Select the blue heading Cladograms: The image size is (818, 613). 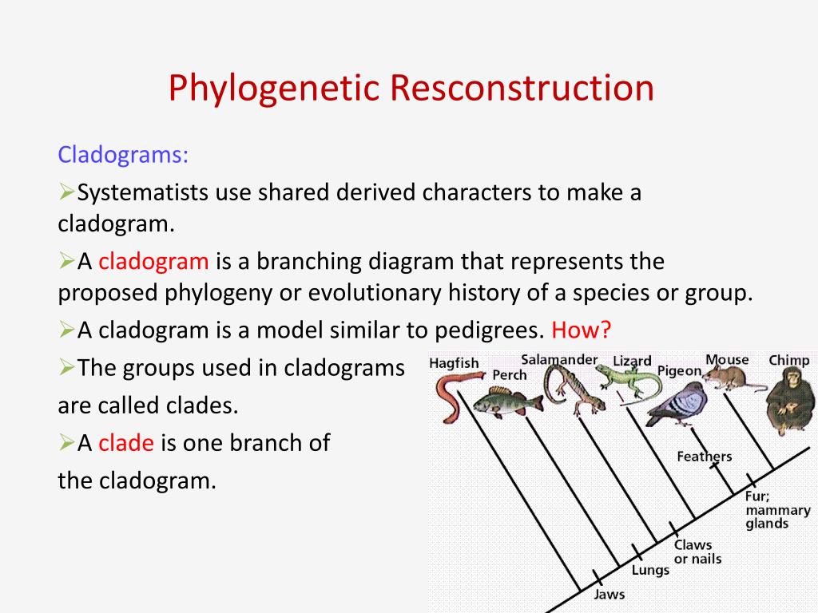coord(123,154)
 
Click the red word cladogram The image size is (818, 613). coord(153,261)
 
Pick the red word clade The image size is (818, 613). coord(125,443)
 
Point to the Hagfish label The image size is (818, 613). coord(454,363)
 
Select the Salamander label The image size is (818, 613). coord(559,360)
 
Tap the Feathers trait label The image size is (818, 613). coord(704,457)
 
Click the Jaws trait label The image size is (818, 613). coord(610,595)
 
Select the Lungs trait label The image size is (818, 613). coord(650,570)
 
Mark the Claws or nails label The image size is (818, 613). coord(697,552)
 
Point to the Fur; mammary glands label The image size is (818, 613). coord(777,509)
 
